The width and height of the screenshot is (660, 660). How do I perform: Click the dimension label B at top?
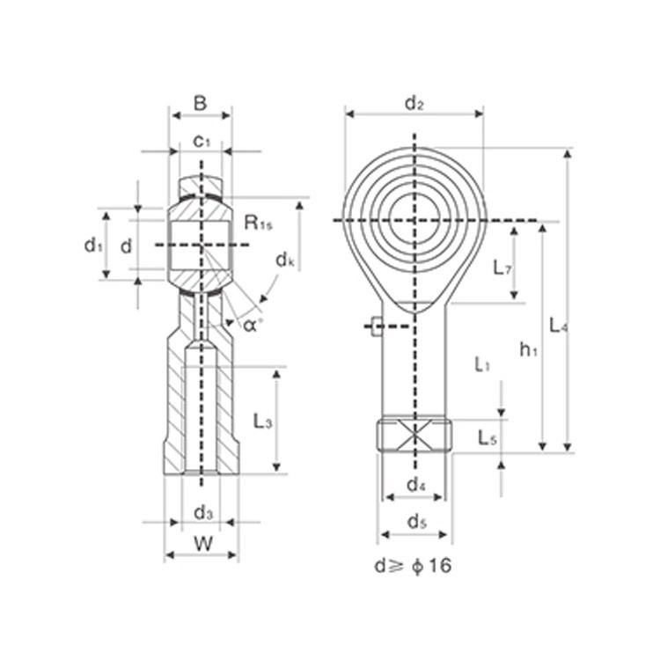[200, 104]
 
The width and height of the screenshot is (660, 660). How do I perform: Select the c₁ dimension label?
[202, 141]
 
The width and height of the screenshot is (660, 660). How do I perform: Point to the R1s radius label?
[259, 223]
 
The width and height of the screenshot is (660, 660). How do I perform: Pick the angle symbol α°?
[252, 324]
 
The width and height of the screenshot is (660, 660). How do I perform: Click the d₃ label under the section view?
[202, 511]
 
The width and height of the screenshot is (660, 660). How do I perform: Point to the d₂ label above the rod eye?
[414, 103]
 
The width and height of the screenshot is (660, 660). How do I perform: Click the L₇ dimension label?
[502, 268]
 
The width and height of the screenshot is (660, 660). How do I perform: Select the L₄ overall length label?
[557, 326]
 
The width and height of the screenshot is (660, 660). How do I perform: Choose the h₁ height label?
[527, 349]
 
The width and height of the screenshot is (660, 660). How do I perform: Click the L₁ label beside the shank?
[481, 363]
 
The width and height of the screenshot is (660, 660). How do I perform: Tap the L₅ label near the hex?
[487, 436]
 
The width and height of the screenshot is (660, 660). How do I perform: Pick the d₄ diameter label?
[415, 485]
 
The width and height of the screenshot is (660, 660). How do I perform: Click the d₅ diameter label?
[416, 523]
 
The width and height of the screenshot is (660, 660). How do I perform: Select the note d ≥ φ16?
[413, 566]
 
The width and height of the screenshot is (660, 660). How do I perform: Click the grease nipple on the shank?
[377, 326]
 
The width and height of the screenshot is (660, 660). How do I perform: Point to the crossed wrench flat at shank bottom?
[414, 435]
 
